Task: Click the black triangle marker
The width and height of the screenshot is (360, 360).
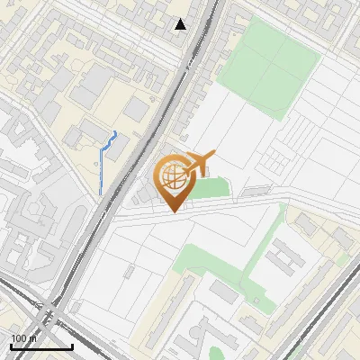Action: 181,24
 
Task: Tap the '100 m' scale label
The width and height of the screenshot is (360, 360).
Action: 24,338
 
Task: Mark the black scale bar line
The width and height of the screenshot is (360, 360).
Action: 40,346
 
